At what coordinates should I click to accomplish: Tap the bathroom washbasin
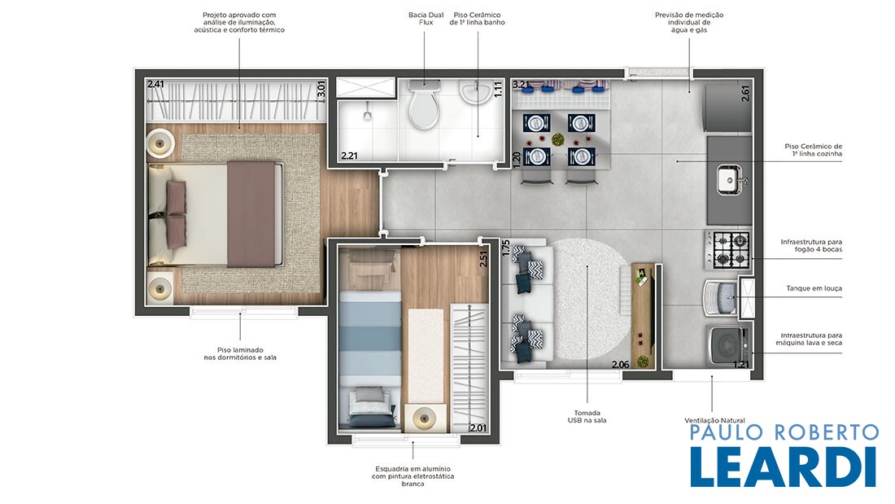[474, 93]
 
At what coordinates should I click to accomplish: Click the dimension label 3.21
[521, 85]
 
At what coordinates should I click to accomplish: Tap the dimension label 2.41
[156, 84]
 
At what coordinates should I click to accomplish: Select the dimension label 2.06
[621, 365]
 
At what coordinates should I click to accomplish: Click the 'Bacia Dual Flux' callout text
[426, 19]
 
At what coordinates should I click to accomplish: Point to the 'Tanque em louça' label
[814, 288]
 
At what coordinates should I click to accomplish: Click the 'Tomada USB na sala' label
[587, 417]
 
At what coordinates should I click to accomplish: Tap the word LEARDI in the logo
[783, 467]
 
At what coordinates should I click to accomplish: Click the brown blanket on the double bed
[251, 213]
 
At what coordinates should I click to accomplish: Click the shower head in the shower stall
[368, 113]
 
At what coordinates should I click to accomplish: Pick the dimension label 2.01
[478, 427]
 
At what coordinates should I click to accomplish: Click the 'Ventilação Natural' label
[714, 421]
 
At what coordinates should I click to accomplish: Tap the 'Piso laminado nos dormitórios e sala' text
[240, 353]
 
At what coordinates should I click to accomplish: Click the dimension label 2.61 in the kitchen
[745, 93]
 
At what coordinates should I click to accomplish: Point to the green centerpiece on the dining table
[557, 139]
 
